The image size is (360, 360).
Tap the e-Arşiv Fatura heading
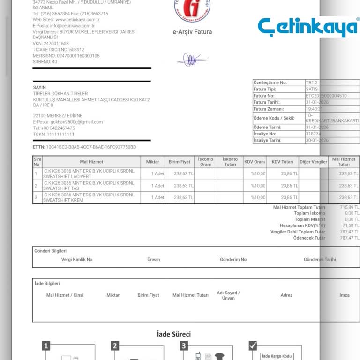(192, 32)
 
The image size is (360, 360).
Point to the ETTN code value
(91, 147)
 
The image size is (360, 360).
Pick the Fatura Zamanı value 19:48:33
(314, 109)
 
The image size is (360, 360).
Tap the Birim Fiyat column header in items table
(180, 162)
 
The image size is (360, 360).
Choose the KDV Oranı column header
(255, 162)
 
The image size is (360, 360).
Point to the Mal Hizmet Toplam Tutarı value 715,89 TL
(350, 207)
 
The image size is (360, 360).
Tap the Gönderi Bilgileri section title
(51, 251)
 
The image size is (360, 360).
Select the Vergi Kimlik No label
(77, 259)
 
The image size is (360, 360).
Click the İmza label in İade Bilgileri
(345, 295)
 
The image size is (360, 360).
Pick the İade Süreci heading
(173, 334)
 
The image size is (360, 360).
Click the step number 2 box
(115, 346)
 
